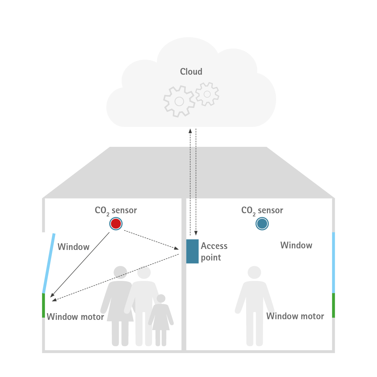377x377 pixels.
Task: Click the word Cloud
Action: (x=191, y=72)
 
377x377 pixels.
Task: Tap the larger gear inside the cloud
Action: (x=179, y=101)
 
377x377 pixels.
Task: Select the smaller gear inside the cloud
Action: (x=207, y=94)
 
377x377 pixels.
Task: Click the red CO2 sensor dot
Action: (x=116, y=223)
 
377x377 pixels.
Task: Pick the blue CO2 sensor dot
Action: (x=262, y=223)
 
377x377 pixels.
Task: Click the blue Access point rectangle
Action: (x=192, y=251)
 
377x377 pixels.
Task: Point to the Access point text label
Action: (x=214, y=252)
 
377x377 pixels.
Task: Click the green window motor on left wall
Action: (x=43, y=305)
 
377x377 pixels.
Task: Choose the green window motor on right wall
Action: (x=333, y=305)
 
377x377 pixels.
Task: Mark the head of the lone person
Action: (x=254, y=272)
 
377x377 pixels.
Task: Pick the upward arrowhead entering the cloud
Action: (x=190, y=131)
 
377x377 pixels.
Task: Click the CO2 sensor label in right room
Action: (x=262, y=210)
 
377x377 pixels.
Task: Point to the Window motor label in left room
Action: (x=75, y=317)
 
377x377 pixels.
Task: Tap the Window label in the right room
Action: (x=296, y=245)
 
